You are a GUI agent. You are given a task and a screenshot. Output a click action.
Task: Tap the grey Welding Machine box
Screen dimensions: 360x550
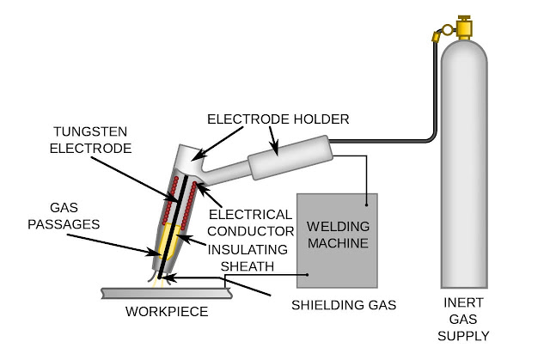click(x=339, y=258)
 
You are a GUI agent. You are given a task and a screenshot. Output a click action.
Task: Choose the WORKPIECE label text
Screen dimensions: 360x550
click(x=168, y=311)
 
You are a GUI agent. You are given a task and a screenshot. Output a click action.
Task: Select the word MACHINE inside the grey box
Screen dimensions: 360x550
click(x=339, y=244)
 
